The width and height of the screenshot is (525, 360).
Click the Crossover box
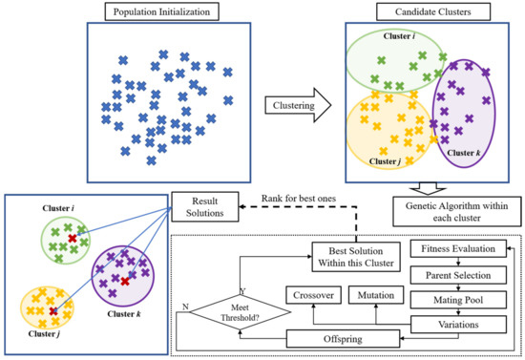[x=311, y=296]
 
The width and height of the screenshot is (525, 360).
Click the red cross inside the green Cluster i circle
[x=71, y=237]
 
